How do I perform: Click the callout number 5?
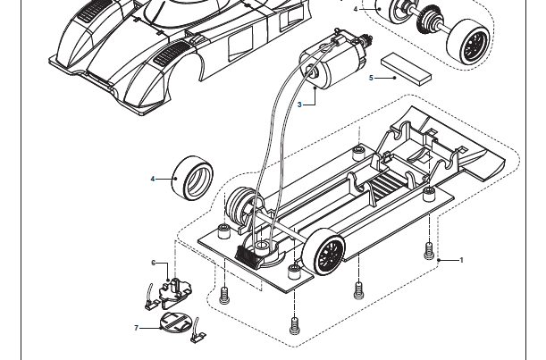tap(371, 79)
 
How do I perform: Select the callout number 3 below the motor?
tap(300, 105)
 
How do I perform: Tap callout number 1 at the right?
tap(461, 260)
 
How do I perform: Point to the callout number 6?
tap(154, 263)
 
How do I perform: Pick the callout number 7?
tap(137, 328)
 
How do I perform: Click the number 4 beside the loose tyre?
tap(153, 179)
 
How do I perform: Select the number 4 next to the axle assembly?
tap(356, 9)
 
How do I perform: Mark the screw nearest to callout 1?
tap(430, 247)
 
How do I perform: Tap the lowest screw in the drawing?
tap(294, 325)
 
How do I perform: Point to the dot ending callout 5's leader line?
tap(394, 79)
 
